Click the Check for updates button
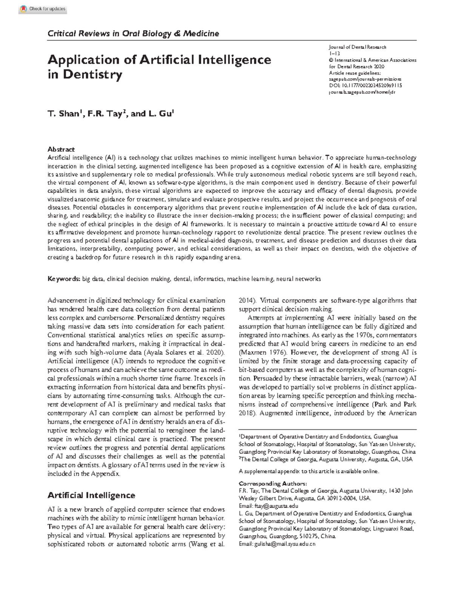pos(43,9)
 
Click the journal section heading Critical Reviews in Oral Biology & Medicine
pos(133,34)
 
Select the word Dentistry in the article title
pos(92,74)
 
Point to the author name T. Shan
pos(63,114)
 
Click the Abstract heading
pos(61,149)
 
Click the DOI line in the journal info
pos(365,86)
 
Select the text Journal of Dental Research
pos(357,47)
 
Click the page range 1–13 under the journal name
pos(334,54)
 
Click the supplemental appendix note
pos(308,471)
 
